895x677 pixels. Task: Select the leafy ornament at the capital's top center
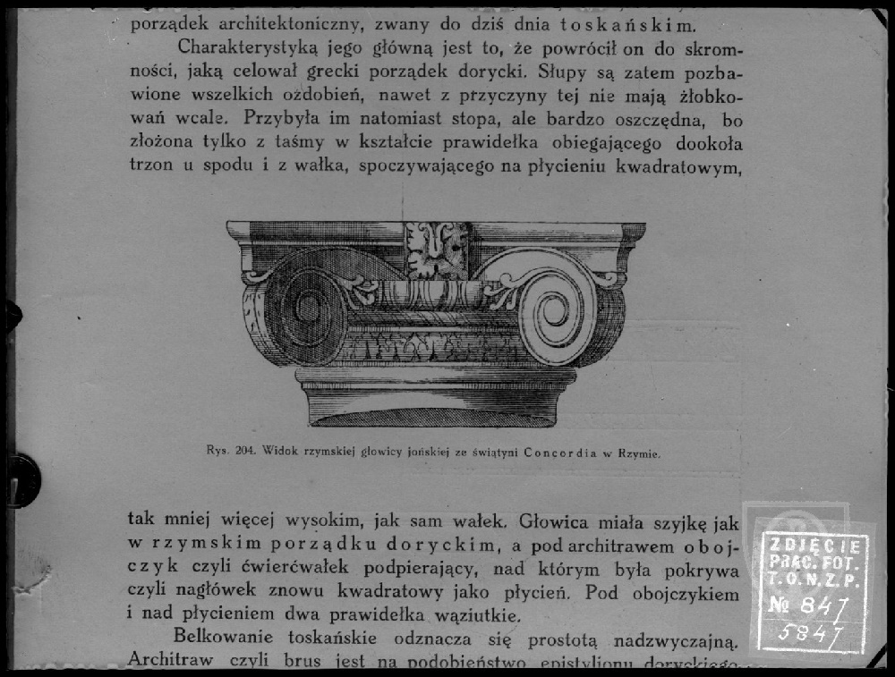coord(437,249)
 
